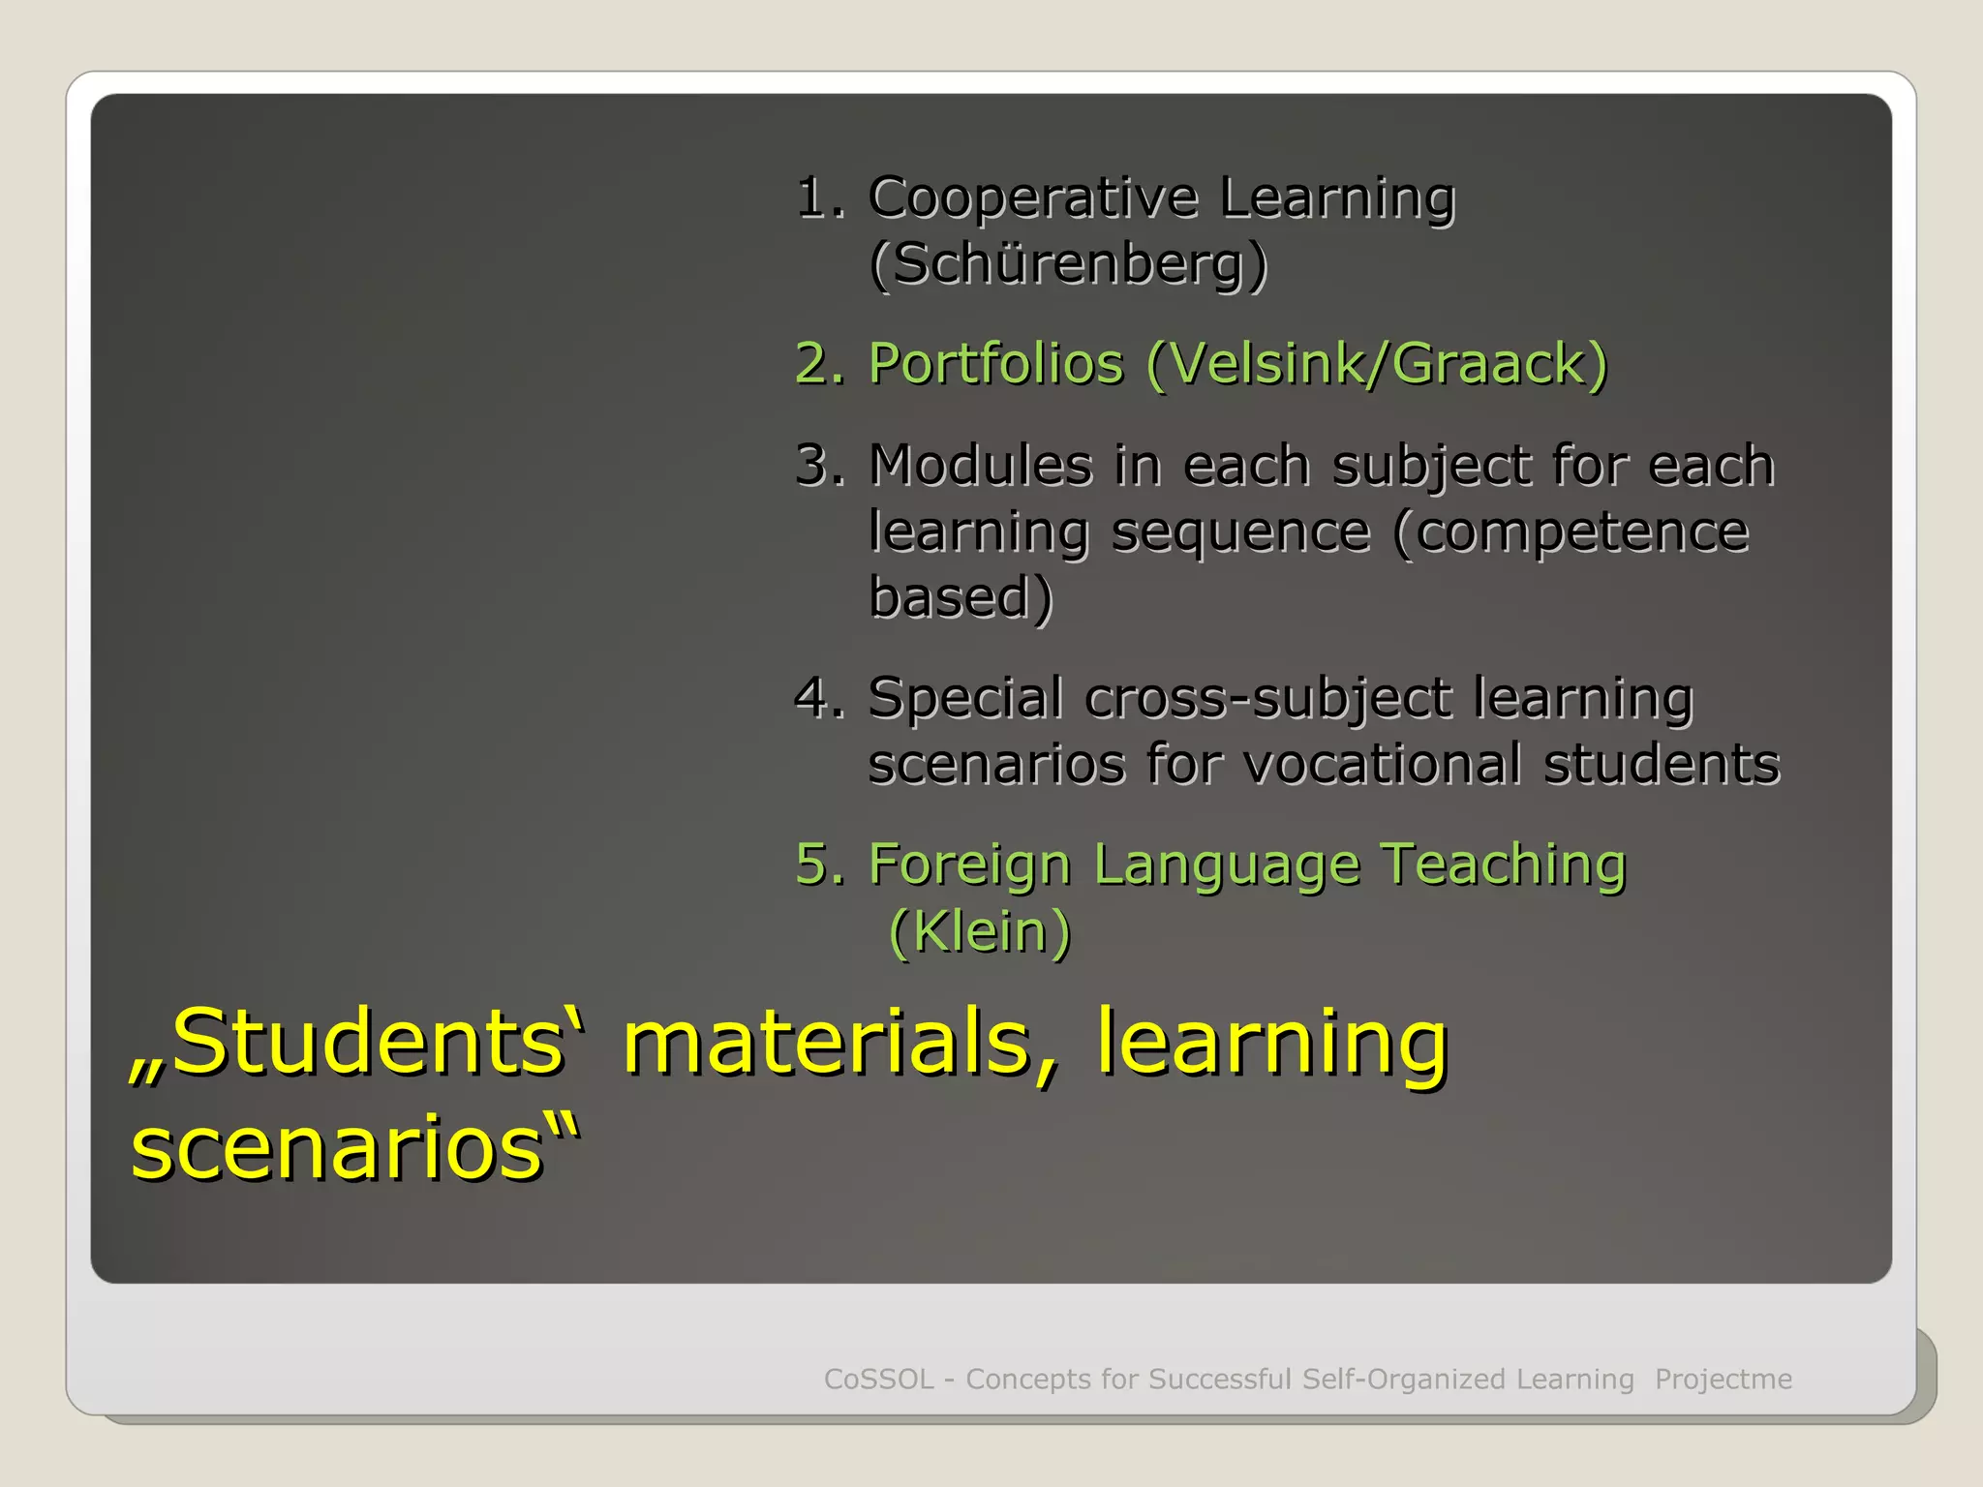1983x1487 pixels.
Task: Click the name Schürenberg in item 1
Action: pos(1068,263)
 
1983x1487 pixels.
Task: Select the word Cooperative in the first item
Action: pos(1033,198)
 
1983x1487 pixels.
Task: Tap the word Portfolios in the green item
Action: pos(995,364)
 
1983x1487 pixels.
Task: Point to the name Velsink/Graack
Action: pos(1376,364)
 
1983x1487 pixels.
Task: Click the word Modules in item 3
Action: pos(980,465)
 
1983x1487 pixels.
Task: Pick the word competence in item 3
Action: pos(1571,531)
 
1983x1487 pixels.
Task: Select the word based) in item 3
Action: pos(960,597)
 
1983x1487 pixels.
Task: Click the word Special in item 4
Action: pos(965,698)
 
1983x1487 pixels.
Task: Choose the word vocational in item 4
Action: pos(1382,764)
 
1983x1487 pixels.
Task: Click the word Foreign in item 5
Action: pos(969,864)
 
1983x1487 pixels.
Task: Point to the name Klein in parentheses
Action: pos(980,931)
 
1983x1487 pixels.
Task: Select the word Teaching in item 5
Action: pos(1503,864)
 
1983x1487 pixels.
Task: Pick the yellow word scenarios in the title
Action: pos(337,1148)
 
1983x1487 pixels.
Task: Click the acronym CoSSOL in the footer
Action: pos(878,1379)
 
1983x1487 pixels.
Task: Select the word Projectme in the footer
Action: pos(1724,1379)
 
